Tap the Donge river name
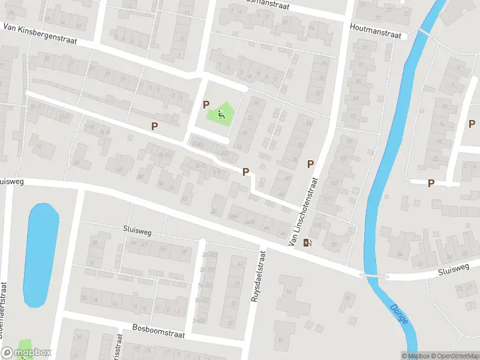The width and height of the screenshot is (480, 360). (x=398, y=314)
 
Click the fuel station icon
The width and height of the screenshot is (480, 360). (x=308, y=242)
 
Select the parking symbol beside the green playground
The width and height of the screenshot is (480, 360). (x=206, y=104)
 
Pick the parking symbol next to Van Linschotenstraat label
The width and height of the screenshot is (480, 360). (x=310, y=164)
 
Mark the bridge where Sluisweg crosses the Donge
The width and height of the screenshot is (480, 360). (x=374, y=275)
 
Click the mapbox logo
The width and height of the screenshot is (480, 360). (x=26, y=353)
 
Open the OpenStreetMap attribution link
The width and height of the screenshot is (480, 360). (x=455, y=356)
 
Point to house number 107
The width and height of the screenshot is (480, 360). (x=335, y=183)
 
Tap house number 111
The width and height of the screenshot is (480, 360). (x=328, y=199)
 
